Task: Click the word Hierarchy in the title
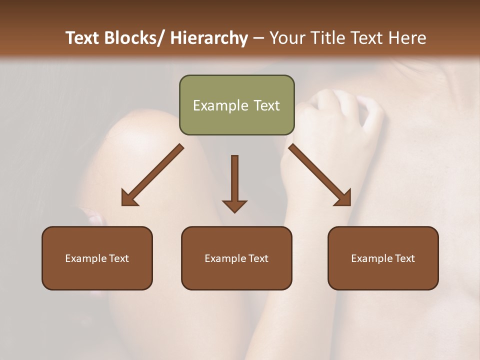click(x=209, y=38)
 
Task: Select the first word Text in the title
click(x=83, y=38)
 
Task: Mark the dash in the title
click(x=258, y=38)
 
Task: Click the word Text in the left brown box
click(x=119, y=258)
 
